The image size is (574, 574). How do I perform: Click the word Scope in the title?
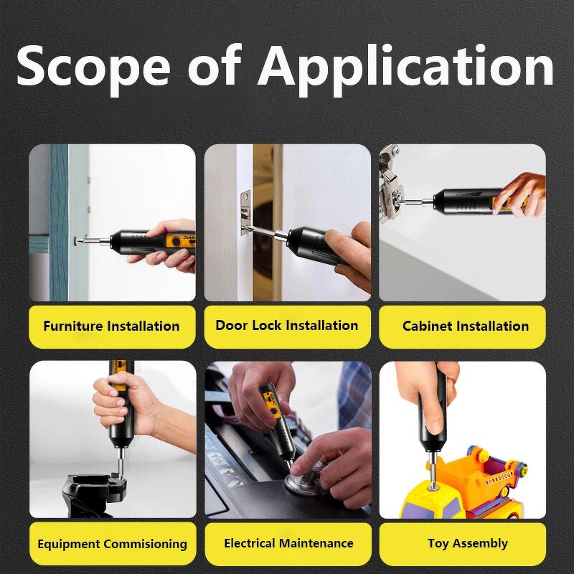(93, 67)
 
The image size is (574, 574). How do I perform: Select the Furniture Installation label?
(112, 326)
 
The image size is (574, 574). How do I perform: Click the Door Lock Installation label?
(286, 325)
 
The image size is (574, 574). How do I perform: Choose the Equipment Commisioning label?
(113, 544)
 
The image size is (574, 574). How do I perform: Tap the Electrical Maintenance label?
(288, 543)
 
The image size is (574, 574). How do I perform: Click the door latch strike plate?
(245, 213)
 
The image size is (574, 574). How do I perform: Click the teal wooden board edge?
(59, 222)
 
